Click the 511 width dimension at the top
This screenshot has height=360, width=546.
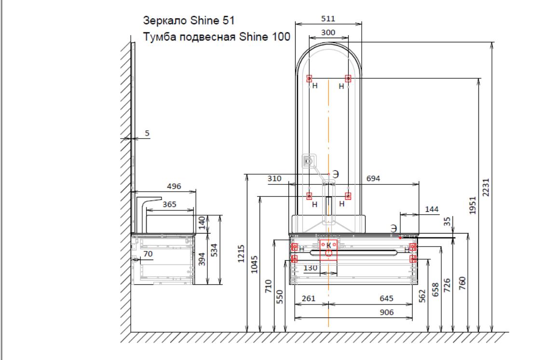tap(328, 18)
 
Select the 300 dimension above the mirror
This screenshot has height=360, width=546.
tap(328, 32)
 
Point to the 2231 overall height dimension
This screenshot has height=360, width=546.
tap(486, 187)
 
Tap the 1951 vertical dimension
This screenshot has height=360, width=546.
tap(473, 205)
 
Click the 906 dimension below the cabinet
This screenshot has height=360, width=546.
tap(386, 312)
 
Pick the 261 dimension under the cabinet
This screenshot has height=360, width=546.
tap(309, 298)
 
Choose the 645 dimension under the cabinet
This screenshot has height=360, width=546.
tap(386, 298)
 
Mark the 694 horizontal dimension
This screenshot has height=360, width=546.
tap(373, 179)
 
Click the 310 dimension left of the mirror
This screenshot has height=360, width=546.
tap(274, 179)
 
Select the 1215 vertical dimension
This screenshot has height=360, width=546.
tap(241, 254)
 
